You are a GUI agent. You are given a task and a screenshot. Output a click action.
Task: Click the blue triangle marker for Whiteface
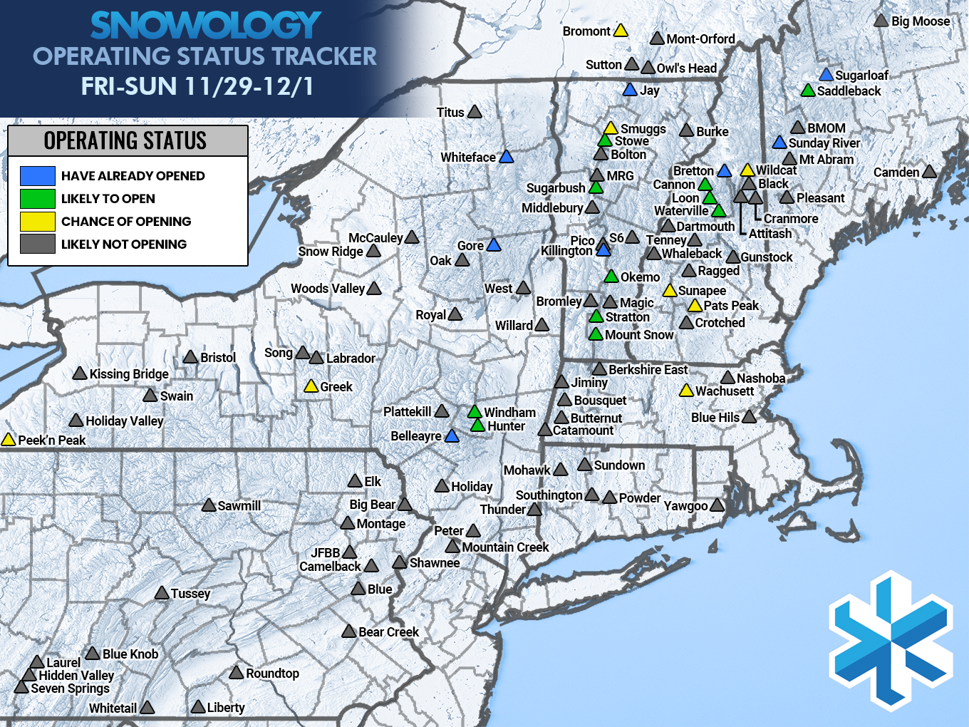[x=506, y=157]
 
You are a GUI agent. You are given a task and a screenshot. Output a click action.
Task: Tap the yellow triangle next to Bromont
[x=621, y=31]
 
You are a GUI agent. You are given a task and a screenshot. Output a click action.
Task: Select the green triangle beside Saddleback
[x=808, y=91]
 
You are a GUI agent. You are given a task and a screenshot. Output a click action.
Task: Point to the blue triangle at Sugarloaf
[x=826, y=75]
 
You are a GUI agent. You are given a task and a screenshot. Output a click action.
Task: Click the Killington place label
[x=566, y=251]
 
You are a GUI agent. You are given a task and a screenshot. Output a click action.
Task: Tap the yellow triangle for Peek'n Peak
[x=9, y=440]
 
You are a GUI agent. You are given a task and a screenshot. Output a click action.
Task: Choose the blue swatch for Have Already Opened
[x=38, y=176]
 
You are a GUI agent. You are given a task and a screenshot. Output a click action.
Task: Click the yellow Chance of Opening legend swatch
[x=38, y=222]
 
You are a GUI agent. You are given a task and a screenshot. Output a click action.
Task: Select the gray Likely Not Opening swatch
[x=38, y=244]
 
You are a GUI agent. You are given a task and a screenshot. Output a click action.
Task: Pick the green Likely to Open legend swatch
[x=38, y=199]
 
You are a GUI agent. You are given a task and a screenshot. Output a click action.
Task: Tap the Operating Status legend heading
[x=125, y=141]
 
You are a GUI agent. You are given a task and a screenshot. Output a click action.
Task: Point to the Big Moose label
[x=921, y=21]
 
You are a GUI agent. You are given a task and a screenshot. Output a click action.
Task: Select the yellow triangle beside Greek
[x=311, y=386]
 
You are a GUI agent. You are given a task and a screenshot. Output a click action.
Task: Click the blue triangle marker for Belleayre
[x=452, y=436]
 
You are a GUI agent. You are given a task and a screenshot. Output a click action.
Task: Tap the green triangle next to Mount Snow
[x=596, y=334]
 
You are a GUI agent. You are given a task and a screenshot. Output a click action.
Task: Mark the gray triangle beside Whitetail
[x=147, y=708]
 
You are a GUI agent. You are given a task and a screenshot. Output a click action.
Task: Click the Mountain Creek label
[x=505, y=547]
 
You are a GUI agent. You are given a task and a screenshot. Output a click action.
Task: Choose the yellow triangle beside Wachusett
[x=686, y=391]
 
